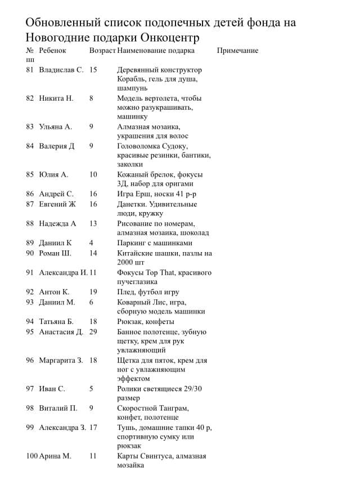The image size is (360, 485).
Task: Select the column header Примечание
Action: [x=237, y=51]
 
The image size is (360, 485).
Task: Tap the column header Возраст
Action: [x=102, y=51]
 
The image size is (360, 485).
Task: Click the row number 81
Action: [x=30, y=70]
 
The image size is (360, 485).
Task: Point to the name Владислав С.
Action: [x=61, y=70]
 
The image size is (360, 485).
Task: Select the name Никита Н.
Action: [x=56, y=98]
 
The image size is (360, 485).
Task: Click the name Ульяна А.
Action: [x=56, y=127]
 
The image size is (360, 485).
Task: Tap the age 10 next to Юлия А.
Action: [x=93, y=174]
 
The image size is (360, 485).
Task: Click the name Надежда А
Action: [x=57, y=223]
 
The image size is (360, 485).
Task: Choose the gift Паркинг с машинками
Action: [x=155, y=243]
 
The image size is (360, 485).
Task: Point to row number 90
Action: [x=30, y=253]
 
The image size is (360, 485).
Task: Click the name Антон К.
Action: [x=54, y=292]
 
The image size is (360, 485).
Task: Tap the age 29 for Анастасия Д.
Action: [x=93, y=331]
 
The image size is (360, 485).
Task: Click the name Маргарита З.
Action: [x=61, y=360]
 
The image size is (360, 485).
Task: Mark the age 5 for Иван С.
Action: [x=91, y=388]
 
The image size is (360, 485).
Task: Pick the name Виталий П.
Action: [x=58, y=408]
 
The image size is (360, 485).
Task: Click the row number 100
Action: [x=31, y=456]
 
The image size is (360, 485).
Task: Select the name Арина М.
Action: [x=55, y=456]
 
